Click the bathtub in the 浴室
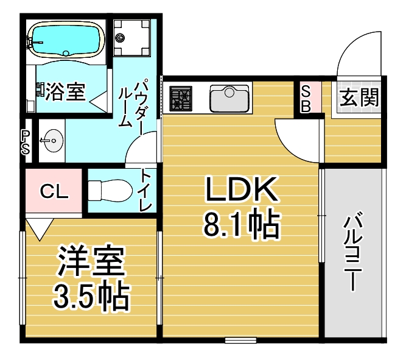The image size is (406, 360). click(x=66, y=39)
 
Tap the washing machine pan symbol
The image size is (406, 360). click(x=131, y=38)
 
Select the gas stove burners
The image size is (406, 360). click(x=181, y=99)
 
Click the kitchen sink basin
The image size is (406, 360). click(x=229, y=99)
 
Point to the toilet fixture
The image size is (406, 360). click(x=110, y=191)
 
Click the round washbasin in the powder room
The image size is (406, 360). click(x=53, y=141)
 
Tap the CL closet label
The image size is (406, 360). click(x=54, y=191)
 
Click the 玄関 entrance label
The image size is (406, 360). click(x=359, y=97)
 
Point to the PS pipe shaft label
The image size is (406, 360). click(x=26, y=143)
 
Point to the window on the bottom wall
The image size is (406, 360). click(x=240, y=340)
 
